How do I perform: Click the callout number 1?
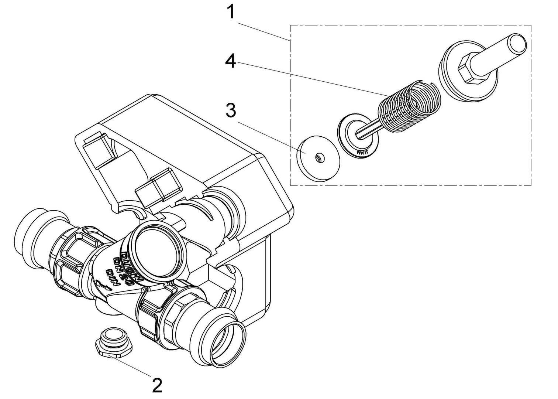pyautogui.click(x=231, y=12)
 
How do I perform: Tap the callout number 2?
pyautogui.click(x=156, y=385)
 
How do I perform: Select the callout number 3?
pyautogui.click(x=231, y=110)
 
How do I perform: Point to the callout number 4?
pyautogui.click(x=231, y=61)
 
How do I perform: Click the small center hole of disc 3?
pyautogui.click(x=318, y=158)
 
